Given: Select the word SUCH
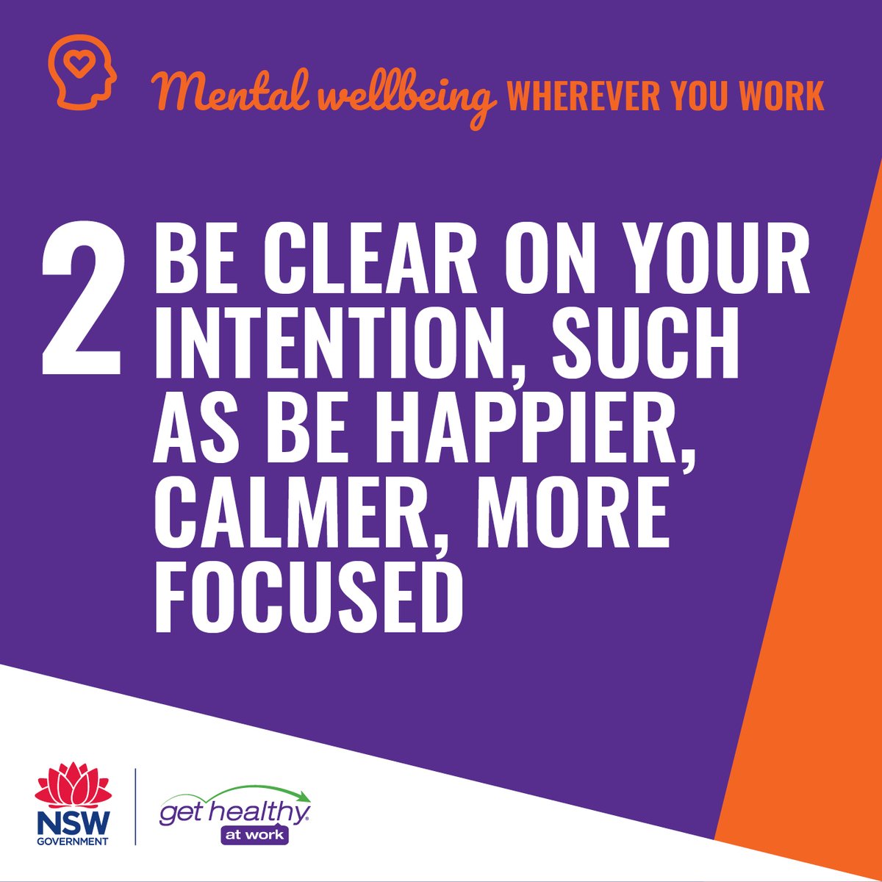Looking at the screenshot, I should (x=645, y=345).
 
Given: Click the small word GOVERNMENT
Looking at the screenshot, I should (x=73, y=841).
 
